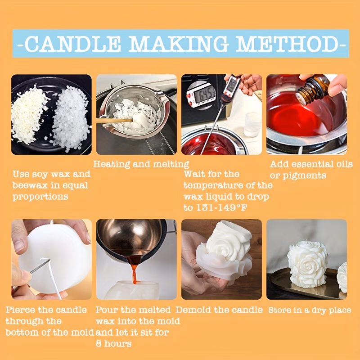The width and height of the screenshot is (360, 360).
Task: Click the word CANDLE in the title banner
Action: pos(72,43)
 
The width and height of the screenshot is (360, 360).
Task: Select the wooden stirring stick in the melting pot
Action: pos(114,120)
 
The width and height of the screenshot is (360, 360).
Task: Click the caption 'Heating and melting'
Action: pos(141,164)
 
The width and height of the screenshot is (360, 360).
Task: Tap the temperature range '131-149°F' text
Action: pos(221,208)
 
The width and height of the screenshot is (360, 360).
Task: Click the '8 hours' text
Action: pos(114,344)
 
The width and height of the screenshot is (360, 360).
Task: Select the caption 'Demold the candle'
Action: pos(219,310)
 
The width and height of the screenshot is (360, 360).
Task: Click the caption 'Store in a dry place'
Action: pos(310,310)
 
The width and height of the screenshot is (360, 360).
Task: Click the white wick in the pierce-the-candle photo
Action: pos(54,277)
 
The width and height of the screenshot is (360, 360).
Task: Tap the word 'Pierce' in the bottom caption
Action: pos(21,310)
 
